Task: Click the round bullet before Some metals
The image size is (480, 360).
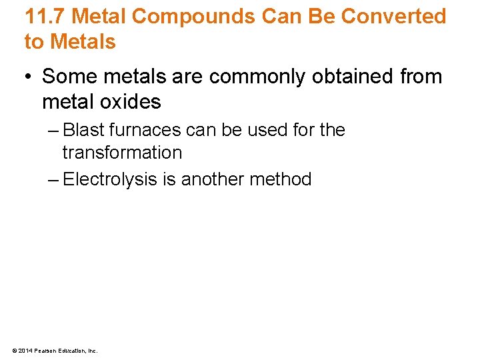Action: click(x=29, y=77)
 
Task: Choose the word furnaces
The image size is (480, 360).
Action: click(x=149, y=129)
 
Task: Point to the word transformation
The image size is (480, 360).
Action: click(x=122, y=153)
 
